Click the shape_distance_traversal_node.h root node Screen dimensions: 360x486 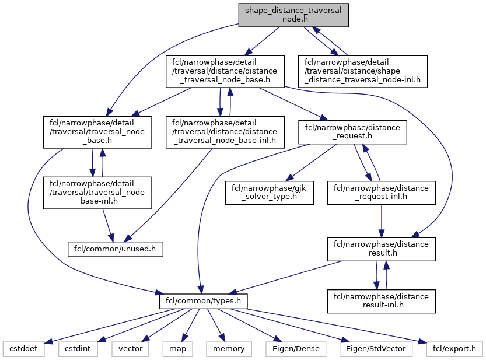point(293,14)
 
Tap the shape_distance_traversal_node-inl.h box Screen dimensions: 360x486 point(362,72)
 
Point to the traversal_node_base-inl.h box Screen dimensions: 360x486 point(97,193)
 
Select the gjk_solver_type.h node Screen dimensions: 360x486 point(270,193)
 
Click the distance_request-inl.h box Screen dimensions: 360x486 point(382,193)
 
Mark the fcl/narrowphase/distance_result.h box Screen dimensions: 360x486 point(382,249)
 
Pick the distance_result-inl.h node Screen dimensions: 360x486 point(382,302)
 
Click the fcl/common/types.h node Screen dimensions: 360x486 point(204,302)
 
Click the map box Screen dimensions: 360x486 point(177,349)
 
